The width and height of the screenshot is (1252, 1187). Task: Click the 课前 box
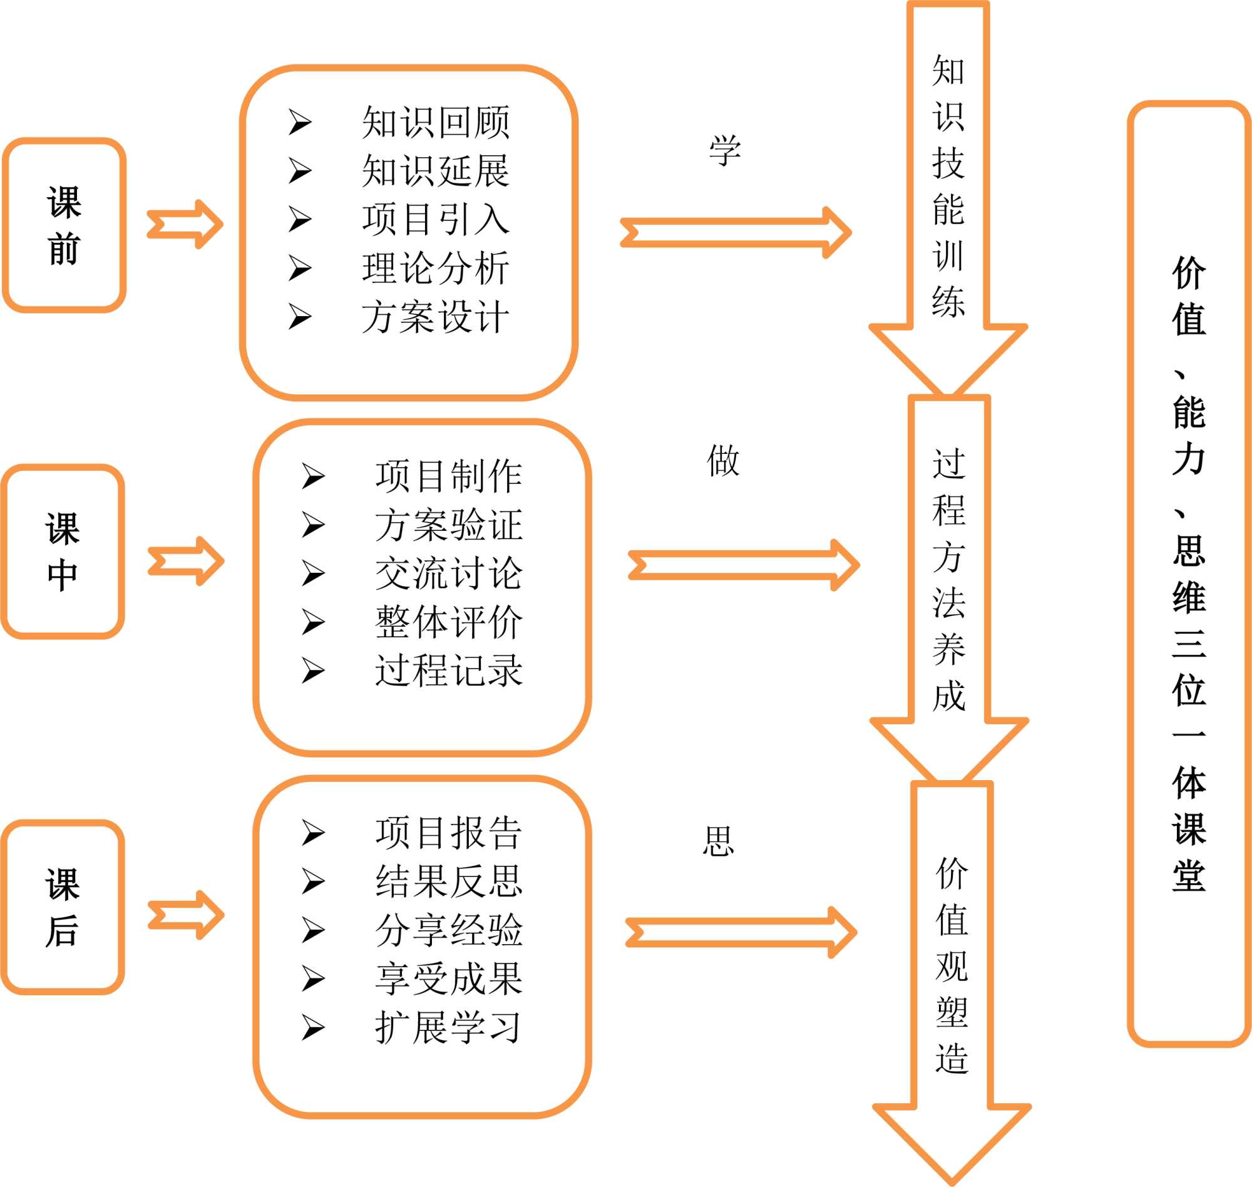coord(64,225)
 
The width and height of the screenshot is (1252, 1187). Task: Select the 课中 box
coord(63,552)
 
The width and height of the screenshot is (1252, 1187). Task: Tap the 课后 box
coord(63,907)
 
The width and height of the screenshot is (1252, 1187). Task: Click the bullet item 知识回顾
coord(435,122)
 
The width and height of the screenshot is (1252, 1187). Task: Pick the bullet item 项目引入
coord(435,220)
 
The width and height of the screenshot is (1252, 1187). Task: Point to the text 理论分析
coord(435,269)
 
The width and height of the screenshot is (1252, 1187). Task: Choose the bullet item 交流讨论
coord(449,573)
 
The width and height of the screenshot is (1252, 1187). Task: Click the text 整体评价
coord(449,622)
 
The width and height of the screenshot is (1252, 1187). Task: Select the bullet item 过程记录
coord(449,671)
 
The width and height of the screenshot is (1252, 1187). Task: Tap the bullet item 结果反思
coord(449,881)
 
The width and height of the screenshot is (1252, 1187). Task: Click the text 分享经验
coord(449,930)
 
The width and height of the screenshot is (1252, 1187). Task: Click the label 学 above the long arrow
coord(724,151)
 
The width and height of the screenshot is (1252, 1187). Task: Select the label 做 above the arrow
coord(723,460)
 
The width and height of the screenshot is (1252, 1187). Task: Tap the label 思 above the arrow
coord(719,841)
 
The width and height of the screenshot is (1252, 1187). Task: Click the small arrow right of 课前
coord(185,225)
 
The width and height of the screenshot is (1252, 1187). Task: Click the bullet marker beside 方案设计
coord(300,316)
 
